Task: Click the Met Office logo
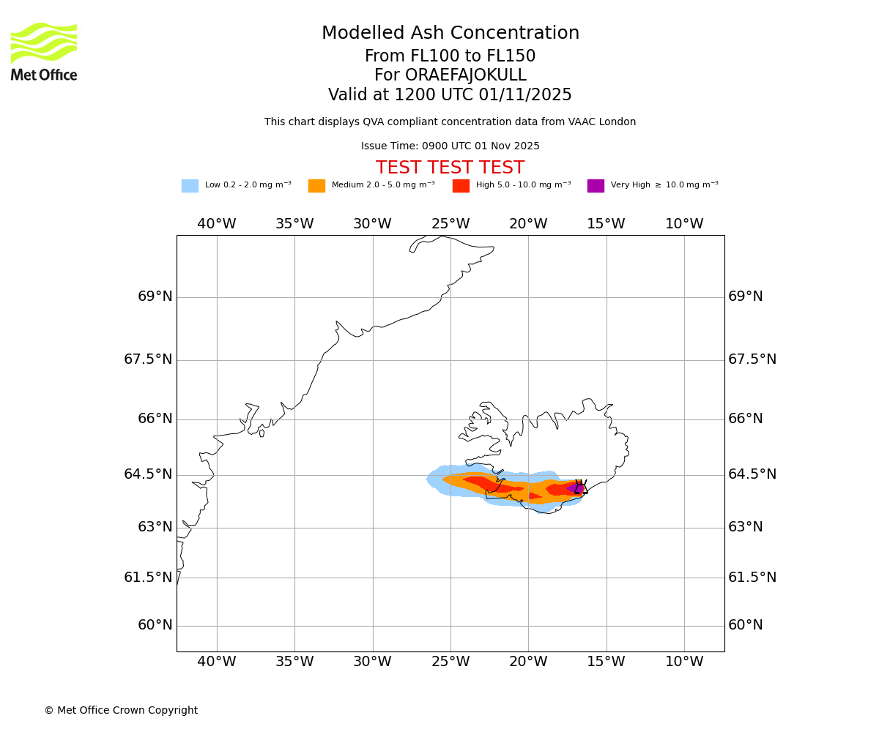[x=44, y=51]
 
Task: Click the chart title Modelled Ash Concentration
[x=450, y=34]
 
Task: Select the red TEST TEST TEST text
[x=450, y=168]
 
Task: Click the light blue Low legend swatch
[x=190, y=186]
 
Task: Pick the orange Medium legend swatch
[x=316, y=186]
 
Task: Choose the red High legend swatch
[x=461, y=186]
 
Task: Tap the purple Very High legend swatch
[x=596, y=186]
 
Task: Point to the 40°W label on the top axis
[x=217, y=224]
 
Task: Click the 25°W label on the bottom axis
[x=450, y=662]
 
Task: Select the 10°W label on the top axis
[x=684, y=224]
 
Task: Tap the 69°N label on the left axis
[x=155, y=296]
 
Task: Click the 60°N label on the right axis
[x=745, y=625]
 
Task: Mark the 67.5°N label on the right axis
[x=752, y=359]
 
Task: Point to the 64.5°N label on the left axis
[x=148, y=474]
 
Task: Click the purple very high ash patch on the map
[x=574, y=488]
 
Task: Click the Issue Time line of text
[x=450, y=146]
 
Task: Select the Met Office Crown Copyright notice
[x=121, y=710]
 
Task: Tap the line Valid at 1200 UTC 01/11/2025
[x=450, y=95]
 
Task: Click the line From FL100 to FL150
[x=450, y=56]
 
